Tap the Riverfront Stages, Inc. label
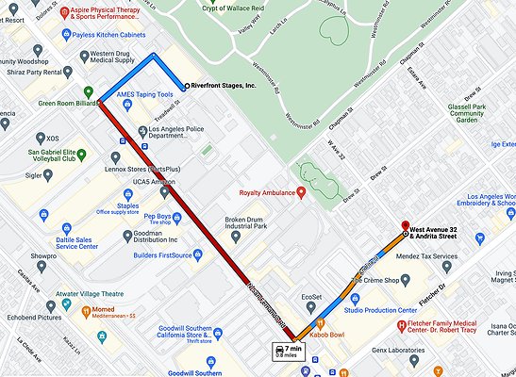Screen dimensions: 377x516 [223, 85]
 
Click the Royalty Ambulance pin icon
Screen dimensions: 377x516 [301, 193]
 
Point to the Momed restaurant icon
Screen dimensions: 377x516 [84, 309]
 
